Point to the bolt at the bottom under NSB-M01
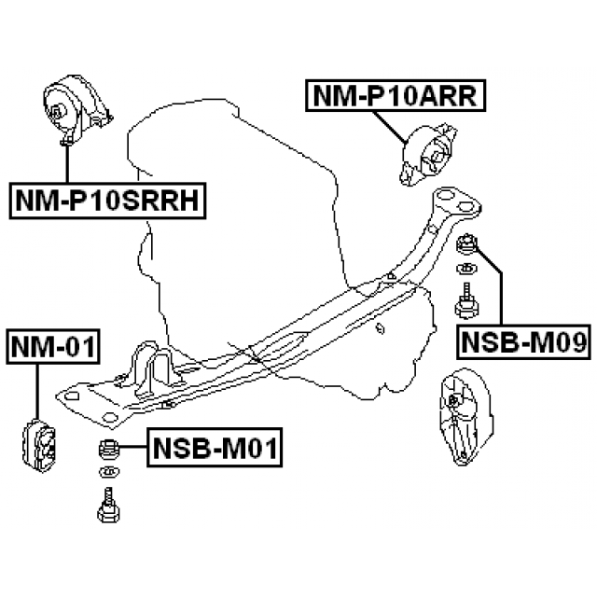[105, 508]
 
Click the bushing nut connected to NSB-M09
[467, 246]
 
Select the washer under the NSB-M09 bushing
[465, 272]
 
